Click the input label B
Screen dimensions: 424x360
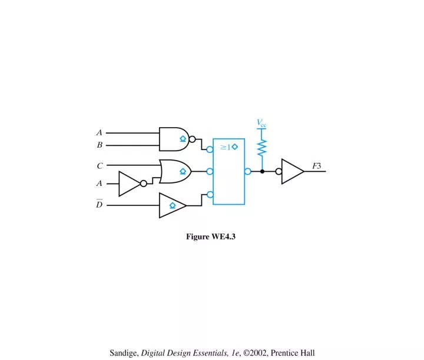coord(100,145)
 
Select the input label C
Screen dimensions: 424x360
coord(100,165)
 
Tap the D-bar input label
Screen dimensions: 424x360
coord(100,204)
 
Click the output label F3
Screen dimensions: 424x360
coord(317,166)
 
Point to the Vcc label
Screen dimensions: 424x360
coord(261,123)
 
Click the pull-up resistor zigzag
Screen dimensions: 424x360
coord(261,148)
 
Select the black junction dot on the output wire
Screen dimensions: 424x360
coord(262,172)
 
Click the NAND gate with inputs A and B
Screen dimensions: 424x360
coord(174,139)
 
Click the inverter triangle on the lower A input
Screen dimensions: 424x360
coord(129,184)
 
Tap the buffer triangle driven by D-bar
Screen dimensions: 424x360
coord(172,205)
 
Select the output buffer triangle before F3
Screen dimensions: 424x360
coord(292,172)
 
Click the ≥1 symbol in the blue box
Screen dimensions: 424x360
coord(226,147)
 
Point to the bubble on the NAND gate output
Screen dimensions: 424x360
coord(192,139)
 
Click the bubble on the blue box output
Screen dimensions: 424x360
coord(248,172)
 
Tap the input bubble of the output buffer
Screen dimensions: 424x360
coord(279,172)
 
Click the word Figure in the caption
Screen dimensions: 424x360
coord(198,237)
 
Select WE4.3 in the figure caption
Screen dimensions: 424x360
coord(223,236)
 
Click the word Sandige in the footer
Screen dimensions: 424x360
coord(124,353)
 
